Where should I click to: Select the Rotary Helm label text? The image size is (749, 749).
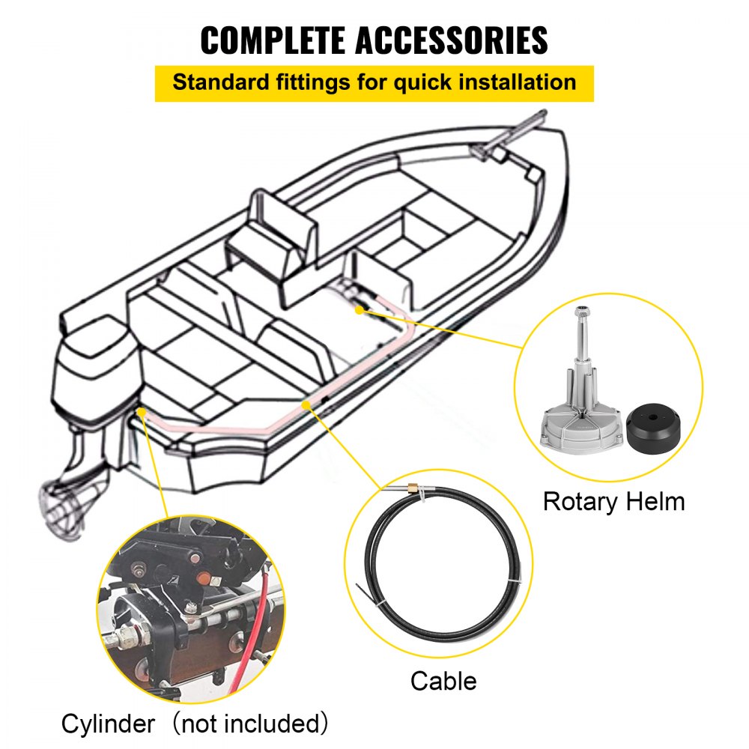[613, 500]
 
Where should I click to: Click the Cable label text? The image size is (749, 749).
[443, 681]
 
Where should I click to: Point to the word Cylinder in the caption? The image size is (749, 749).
[109, 724]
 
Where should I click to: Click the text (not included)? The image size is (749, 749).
[247, 724]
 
